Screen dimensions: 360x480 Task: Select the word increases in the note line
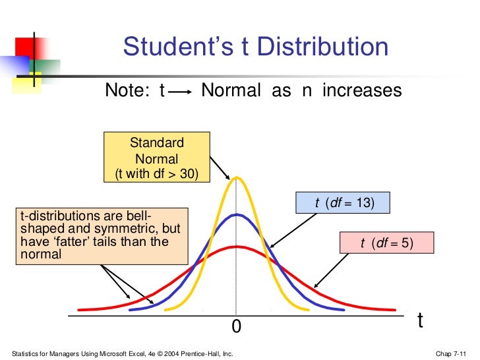(361, 90)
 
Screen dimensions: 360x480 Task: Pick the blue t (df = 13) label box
(344, 203)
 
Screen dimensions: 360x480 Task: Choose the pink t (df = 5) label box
(386, 243)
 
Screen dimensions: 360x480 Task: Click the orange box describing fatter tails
(102, 235)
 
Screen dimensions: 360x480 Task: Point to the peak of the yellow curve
(235, 178)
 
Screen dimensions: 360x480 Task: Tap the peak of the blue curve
(235, 215)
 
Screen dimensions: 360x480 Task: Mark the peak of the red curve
(235, 247)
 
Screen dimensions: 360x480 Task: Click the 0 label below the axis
(237, 326)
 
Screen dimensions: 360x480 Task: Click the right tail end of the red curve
(394, 308)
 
